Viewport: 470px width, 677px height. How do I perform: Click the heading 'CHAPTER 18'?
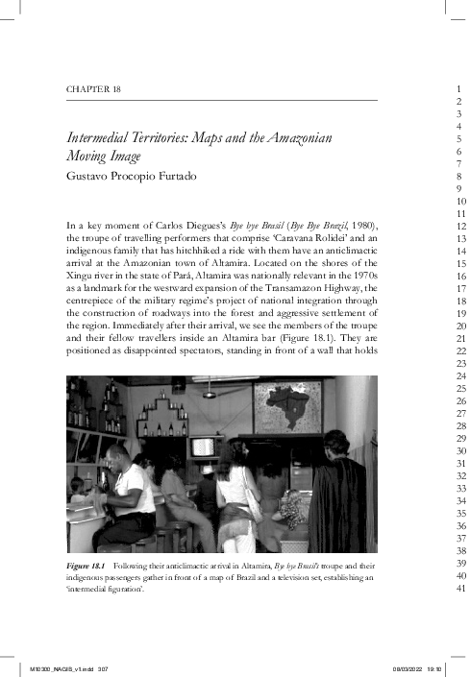click(93, 89)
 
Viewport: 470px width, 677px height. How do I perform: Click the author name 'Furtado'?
click(183, 177)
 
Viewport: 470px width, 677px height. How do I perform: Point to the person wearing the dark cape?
click(342, 499)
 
